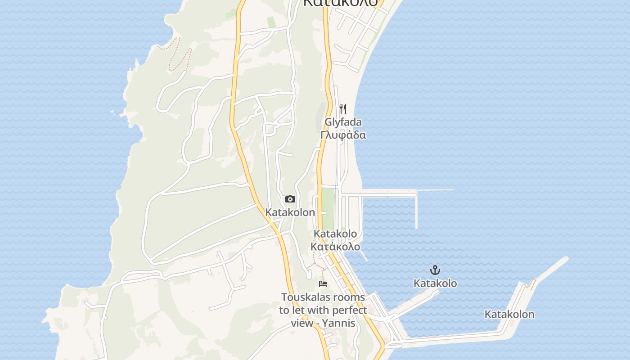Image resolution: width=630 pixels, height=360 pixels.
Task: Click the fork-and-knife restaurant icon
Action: pos(343,109)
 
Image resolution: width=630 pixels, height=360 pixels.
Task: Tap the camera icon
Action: pos(290,199)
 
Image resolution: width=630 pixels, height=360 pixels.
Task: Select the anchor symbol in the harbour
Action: pos(435,270)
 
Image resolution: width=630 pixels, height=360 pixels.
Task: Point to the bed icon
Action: pos(323,283)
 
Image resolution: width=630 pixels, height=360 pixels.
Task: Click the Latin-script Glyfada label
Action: pos(343,122)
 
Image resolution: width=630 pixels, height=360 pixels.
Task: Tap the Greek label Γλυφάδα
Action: pos(343,135)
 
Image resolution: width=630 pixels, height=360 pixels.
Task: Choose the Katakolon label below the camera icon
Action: pos(290,212)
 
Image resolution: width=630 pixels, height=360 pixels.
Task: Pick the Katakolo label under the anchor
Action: pos(435,283)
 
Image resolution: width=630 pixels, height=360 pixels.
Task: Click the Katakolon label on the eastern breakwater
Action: pos(509,315)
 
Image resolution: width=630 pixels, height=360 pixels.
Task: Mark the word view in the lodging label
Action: pos(301,323)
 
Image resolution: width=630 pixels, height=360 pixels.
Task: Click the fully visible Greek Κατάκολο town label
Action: pos(336,247)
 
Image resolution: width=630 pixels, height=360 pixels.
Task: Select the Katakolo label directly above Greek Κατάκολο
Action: pos(336,234)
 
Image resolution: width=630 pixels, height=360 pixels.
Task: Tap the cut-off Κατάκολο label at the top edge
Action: pos(340,3)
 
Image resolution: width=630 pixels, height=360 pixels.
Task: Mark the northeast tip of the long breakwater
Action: pos(565,259)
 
